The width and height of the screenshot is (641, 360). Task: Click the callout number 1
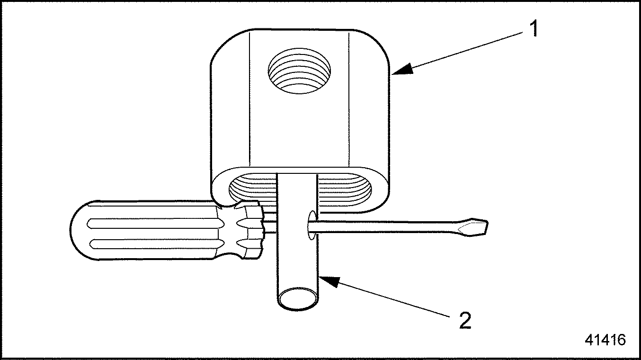click(533, 28)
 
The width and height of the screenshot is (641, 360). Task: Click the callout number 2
click(465, 320)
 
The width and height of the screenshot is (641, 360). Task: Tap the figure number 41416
click(605, 340)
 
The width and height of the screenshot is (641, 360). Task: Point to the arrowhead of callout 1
click(402, 69)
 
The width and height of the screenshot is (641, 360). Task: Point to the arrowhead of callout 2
click(329, 281)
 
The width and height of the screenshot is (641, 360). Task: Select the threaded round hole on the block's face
click(299, 71)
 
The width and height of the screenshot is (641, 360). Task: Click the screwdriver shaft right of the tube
click(386, 226)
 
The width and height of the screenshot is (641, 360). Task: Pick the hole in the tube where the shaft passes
click(312, 225)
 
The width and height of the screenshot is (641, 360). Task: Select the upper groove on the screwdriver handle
click(154, 224)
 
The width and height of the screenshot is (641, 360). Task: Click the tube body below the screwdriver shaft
click(298, 263)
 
